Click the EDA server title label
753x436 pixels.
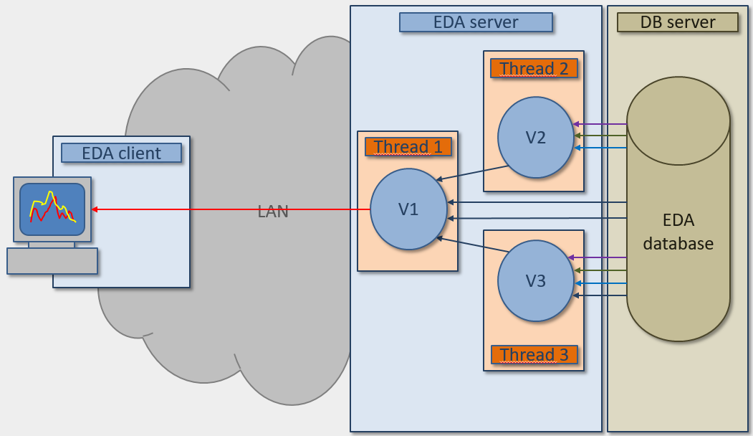tap(476, 22)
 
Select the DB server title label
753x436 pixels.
tap(677, 22)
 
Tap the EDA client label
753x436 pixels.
tap(121, 153)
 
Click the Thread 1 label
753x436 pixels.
tap(408, 147)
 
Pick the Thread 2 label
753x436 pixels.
tap(534, 69)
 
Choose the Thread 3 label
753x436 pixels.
tap(534, 354)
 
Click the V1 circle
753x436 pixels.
tap(408, 209)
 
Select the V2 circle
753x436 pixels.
tap(536, 138)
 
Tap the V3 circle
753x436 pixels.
tap(536, 280)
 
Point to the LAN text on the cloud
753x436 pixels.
tap(273, 212)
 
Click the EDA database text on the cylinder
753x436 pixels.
tap(678, 232)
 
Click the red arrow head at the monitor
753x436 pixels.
tap(95, 209)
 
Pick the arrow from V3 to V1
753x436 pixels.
tap(472, 245)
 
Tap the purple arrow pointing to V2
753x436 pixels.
tap(600, 124)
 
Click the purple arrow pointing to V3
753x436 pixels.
tap(598, 257)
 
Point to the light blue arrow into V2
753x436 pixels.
tap(600, 148)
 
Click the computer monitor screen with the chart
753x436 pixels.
tap(52, 209)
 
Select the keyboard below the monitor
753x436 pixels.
tap(52, 261)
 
